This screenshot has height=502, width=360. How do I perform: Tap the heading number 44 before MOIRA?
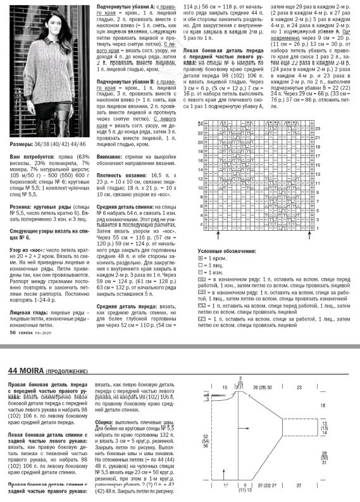tap(13, 369)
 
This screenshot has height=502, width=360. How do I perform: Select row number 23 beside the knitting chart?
tap(318, 128)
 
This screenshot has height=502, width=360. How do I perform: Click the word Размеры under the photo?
tap(20, 162)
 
